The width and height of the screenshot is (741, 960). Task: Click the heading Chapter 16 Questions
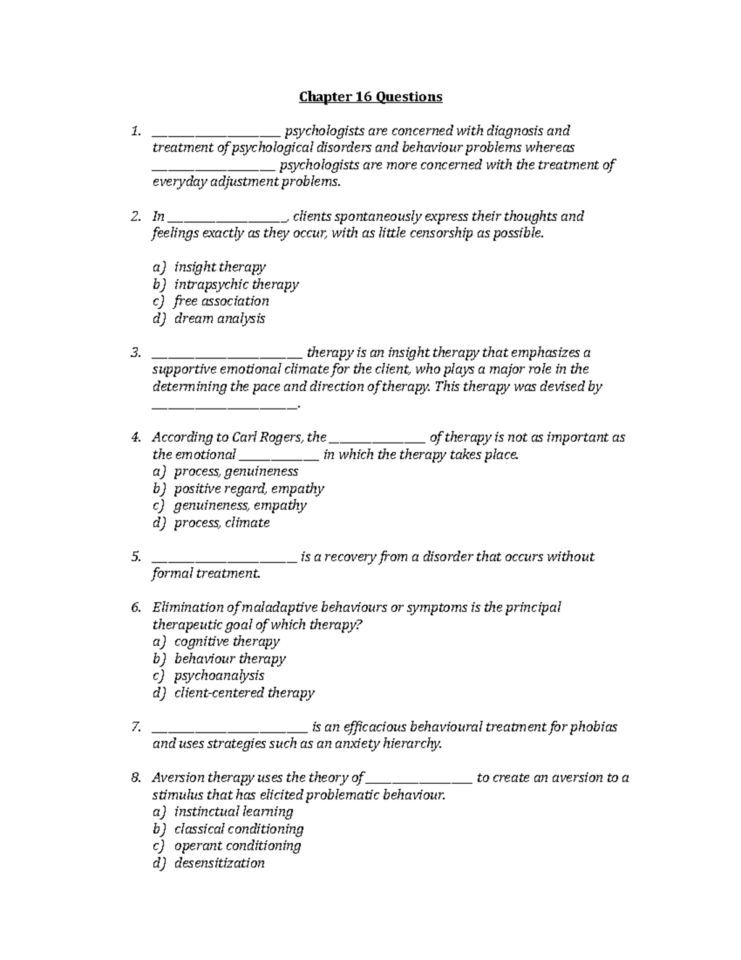click(371, 97)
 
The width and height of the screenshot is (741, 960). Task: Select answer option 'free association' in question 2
click(221, 301)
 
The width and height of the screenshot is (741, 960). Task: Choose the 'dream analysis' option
click(219, 318)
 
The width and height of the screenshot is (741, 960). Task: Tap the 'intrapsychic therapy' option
click(236, 284)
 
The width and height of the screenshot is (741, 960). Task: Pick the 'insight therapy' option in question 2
click(219, 267)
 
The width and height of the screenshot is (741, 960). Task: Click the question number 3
click(136, 353)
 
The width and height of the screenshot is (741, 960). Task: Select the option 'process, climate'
click(222, 523)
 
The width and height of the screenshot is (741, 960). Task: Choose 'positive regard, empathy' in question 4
click(248, 489)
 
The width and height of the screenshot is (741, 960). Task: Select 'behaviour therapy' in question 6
click(230, 659)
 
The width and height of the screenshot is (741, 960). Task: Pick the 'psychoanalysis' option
click(219, 676)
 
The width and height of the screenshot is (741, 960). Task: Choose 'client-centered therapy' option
click(244, 693)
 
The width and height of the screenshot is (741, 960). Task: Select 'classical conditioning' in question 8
click(238, 829)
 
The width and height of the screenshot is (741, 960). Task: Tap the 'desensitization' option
click(219, 863)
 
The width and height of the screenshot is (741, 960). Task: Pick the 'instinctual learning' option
click(233, 812)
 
